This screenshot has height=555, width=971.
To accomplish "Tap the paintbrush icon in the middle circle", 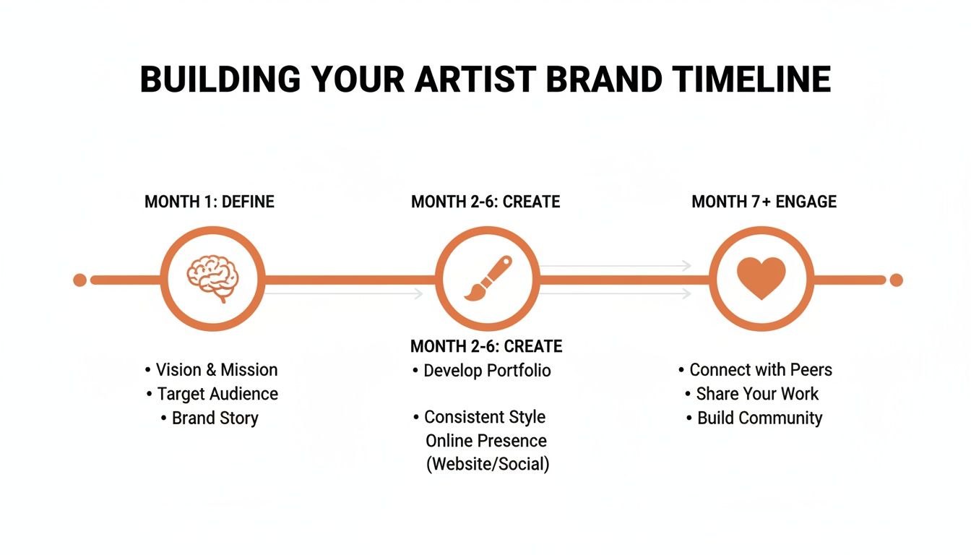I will click(x=488, y=279).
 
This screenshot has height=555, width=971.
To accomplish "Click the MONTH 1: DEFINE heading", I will click(x=210, y=202).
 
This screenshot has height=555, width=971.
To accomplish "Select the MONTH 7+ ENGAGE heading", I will click(x=764, y=202).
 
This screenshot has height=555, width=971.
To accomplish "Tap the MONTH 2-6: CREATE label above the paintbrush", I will click(x=485, y=202).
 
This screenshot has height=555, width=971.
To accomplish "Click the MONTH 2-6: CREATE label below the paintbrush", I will click(x=486, y=346).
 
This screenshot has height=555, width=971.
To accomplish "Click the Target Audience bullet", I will click(x=217, y=394).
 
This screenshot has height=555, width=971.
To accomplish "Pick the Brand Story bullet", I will click(x=215, y=418).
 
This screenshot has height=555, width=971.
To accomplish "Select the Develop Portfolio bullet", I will click(x=487, y=371).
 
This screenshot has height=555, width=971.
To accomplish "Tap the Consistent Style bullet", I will click(x=484, y=417).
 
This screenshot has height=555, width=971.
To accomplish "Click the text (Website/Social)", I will click(x=488, y=465).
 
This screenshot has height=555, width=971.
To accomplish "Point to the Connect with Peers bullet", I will click(x=760, y=370).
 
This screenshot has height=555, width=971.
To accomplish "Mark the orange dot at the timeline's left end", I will click(x=80, y=280).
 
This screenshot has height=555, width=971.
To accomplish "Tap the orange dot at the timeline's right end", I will click(x=896, y=280).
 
